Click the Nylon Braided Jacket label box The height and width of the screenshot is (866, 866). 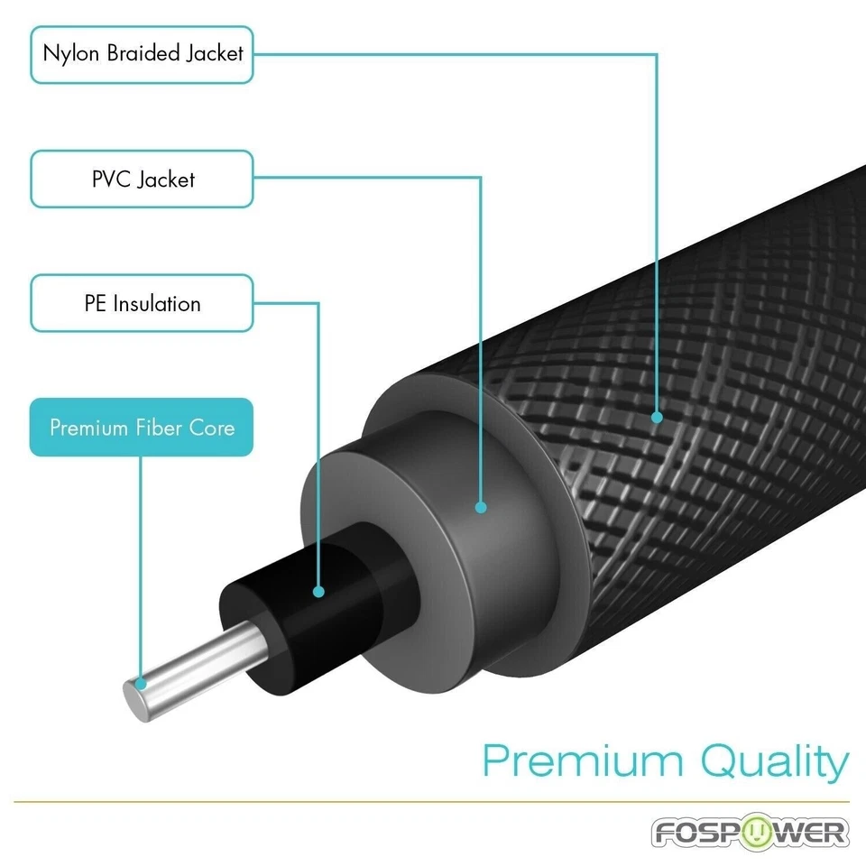(142, 53)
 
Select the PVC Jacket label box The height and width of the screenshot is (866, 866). (142, 179)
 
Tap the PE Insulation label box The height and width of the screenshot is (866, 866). (142, 303)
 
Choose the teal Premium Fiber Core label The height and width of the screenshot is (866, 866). (142, 427)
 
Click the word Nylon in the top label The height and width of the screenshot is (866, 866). (71, 53)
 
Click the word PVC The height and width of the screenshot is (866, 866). (111, 179)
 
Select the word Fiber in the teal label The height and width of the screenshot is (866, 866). (160, 427)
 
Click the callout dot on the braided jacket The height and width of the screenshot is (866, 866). (657, 418)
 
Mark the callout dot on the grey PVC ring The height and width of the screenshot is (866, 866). (481, 508)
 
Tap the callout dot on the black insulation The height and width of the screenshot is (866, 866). (318, 592)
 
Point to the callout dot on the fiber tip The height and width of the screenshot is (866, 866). (140, 685)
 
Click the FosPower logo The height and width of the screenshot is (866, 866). (751, 831)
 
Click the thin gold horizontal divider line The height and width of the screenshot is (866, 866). (433, 801)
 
